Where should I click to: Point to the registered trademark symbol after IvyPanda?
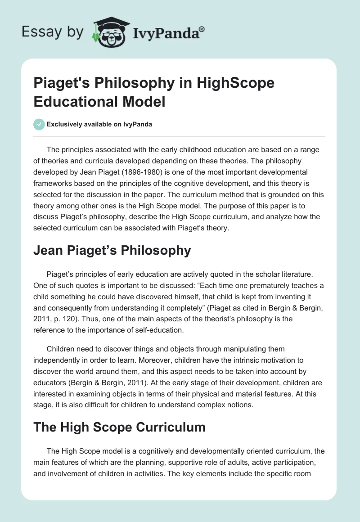point(202,29)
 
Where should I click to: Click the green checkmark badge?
point(39,124)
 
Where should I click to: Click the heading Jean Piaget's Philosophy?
point(112,251)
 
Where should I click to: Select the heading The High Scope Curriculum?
point(119,427)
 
